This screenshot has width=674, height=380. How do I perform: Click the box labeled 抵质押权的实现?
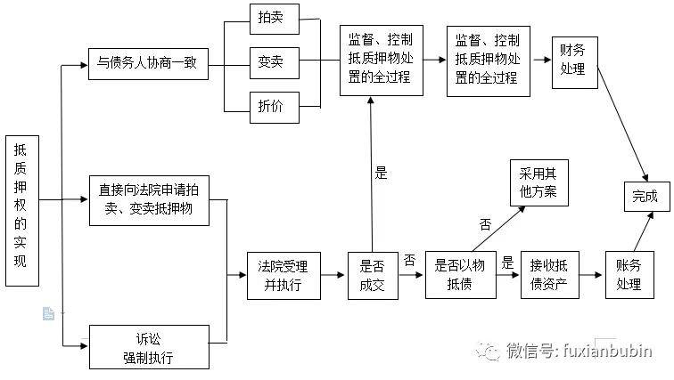[x=22, y=212]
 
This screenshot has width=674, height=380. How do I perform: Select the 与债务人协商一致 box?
[x=148, y=65]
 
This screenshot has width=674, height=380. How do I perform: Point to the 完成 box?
[x=645, y=196]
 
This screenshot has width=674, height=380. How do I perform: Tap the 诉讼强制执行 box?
[x=148, y=348]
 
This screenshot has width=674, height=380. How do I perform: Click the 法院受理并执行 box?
[x=283, y=275]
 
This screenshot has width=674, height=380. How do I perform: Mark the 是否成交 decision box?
[x=372, y=275]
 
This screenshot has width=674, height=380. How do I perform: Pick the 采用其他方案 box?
[x=537, y=183]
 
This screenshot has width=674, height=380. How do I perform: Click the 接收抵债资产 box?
[x=548, y=273]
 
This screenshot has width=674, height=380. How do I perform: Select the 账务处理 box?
[x=629, y=273]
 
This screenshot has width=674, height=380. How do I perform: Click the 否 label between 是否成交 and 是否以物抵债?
[x=409, y=260]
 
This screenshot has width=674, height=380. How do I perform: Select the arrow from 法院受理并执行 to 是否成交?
[x=333, y=275]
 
